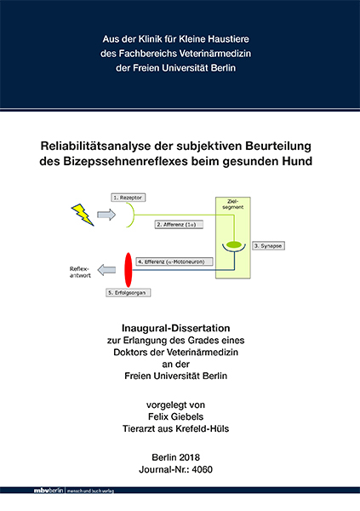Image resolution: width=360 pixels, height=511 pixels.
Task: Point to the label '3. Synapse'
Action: (x=269, y=244)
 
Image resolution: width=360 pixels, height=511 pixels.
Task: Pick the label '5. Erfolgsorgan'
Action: (x=127, y=292)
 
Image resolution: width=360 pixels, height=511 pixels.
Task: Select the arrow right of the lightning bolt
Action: (x=106, y=215)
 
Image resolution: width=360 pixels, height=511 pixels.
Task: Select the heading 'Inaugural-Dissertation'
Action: (x=180, y=327)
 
